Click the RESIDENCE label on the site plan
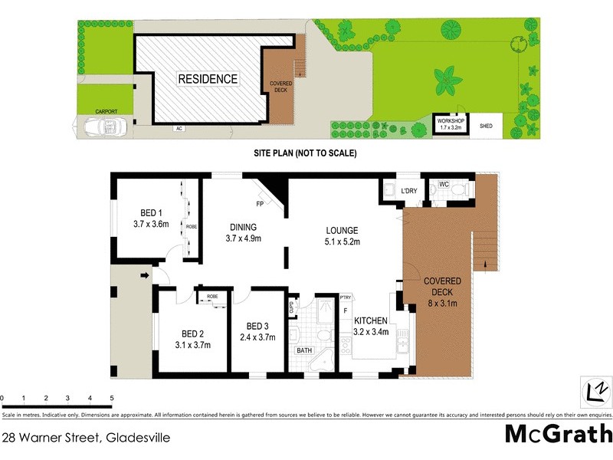(208, 78)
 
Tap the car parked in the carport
(100, 128)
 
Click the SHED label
(486, 126)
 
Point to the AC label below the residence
(180, 128)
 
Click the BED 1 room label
(151, 213)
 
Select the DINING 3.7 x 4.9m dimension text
(243, 239)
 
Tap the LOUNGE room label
(342, 230)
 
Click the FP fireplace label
(261, 204)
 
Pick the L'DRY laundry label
(408, 191)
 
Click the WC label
(443, 185)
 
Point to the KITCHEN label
(371, 320)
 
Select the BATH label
(305, 351)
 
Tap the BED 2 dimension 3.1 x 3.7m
(192, 345)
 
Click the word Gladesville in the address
(139, 439)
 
